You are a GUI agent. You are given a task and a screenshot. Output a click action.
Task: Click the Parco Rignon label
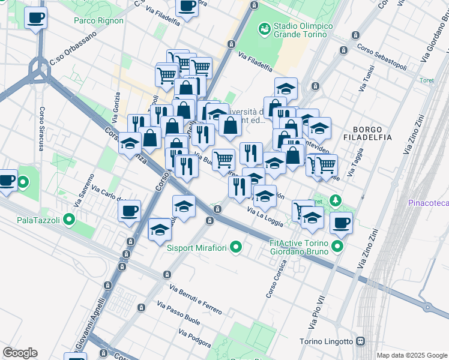click(x=98, y=20)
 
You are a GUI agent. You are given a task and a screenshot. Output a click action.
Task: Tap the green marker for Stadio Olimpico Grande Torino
click(x=264, y=28)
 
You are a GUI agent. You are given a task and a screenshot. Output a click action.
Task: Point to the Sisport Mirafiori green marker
click(x=236, y=246)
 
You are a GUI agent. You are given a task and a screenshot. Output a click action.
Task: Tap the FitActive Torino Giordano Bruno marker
click(x=339, y=246)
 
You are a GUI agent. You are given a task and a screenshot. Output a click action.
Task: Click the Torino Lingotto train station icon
click(x=360, y=341)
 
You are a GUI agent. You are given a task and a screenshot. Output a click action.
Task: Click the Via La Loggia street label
click(x=265, y=214)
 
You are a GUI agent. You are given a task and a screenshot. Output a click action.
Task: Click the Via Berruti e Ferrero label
click(x=196, y=299)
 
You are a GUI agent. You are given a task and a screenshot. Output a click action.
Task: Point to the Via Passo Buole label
click(x=178, y=313)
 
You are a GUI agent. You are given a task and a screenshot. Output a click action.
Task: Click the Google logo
click(x=20, y=353)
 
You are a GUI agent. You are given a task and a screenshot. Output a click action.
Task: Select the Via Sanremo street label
click(x=85, y=190)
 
